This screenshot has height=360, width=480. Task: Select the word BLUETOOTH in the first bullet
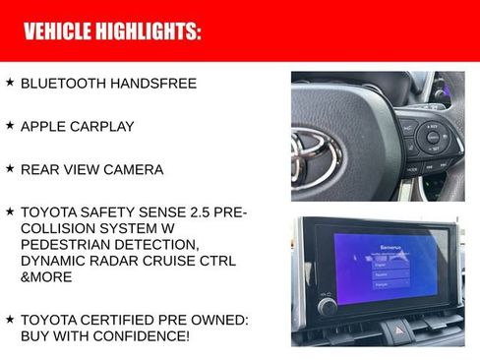click(63, 84)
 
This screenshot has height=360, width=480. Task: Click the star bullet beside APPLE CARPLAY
click(10, 126)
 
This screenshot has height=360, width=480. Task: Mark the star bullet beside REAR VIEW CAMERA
click(10, 168)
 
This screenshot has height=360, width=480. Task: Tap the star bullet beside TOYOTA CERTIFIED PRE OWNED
click(10, 320)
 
